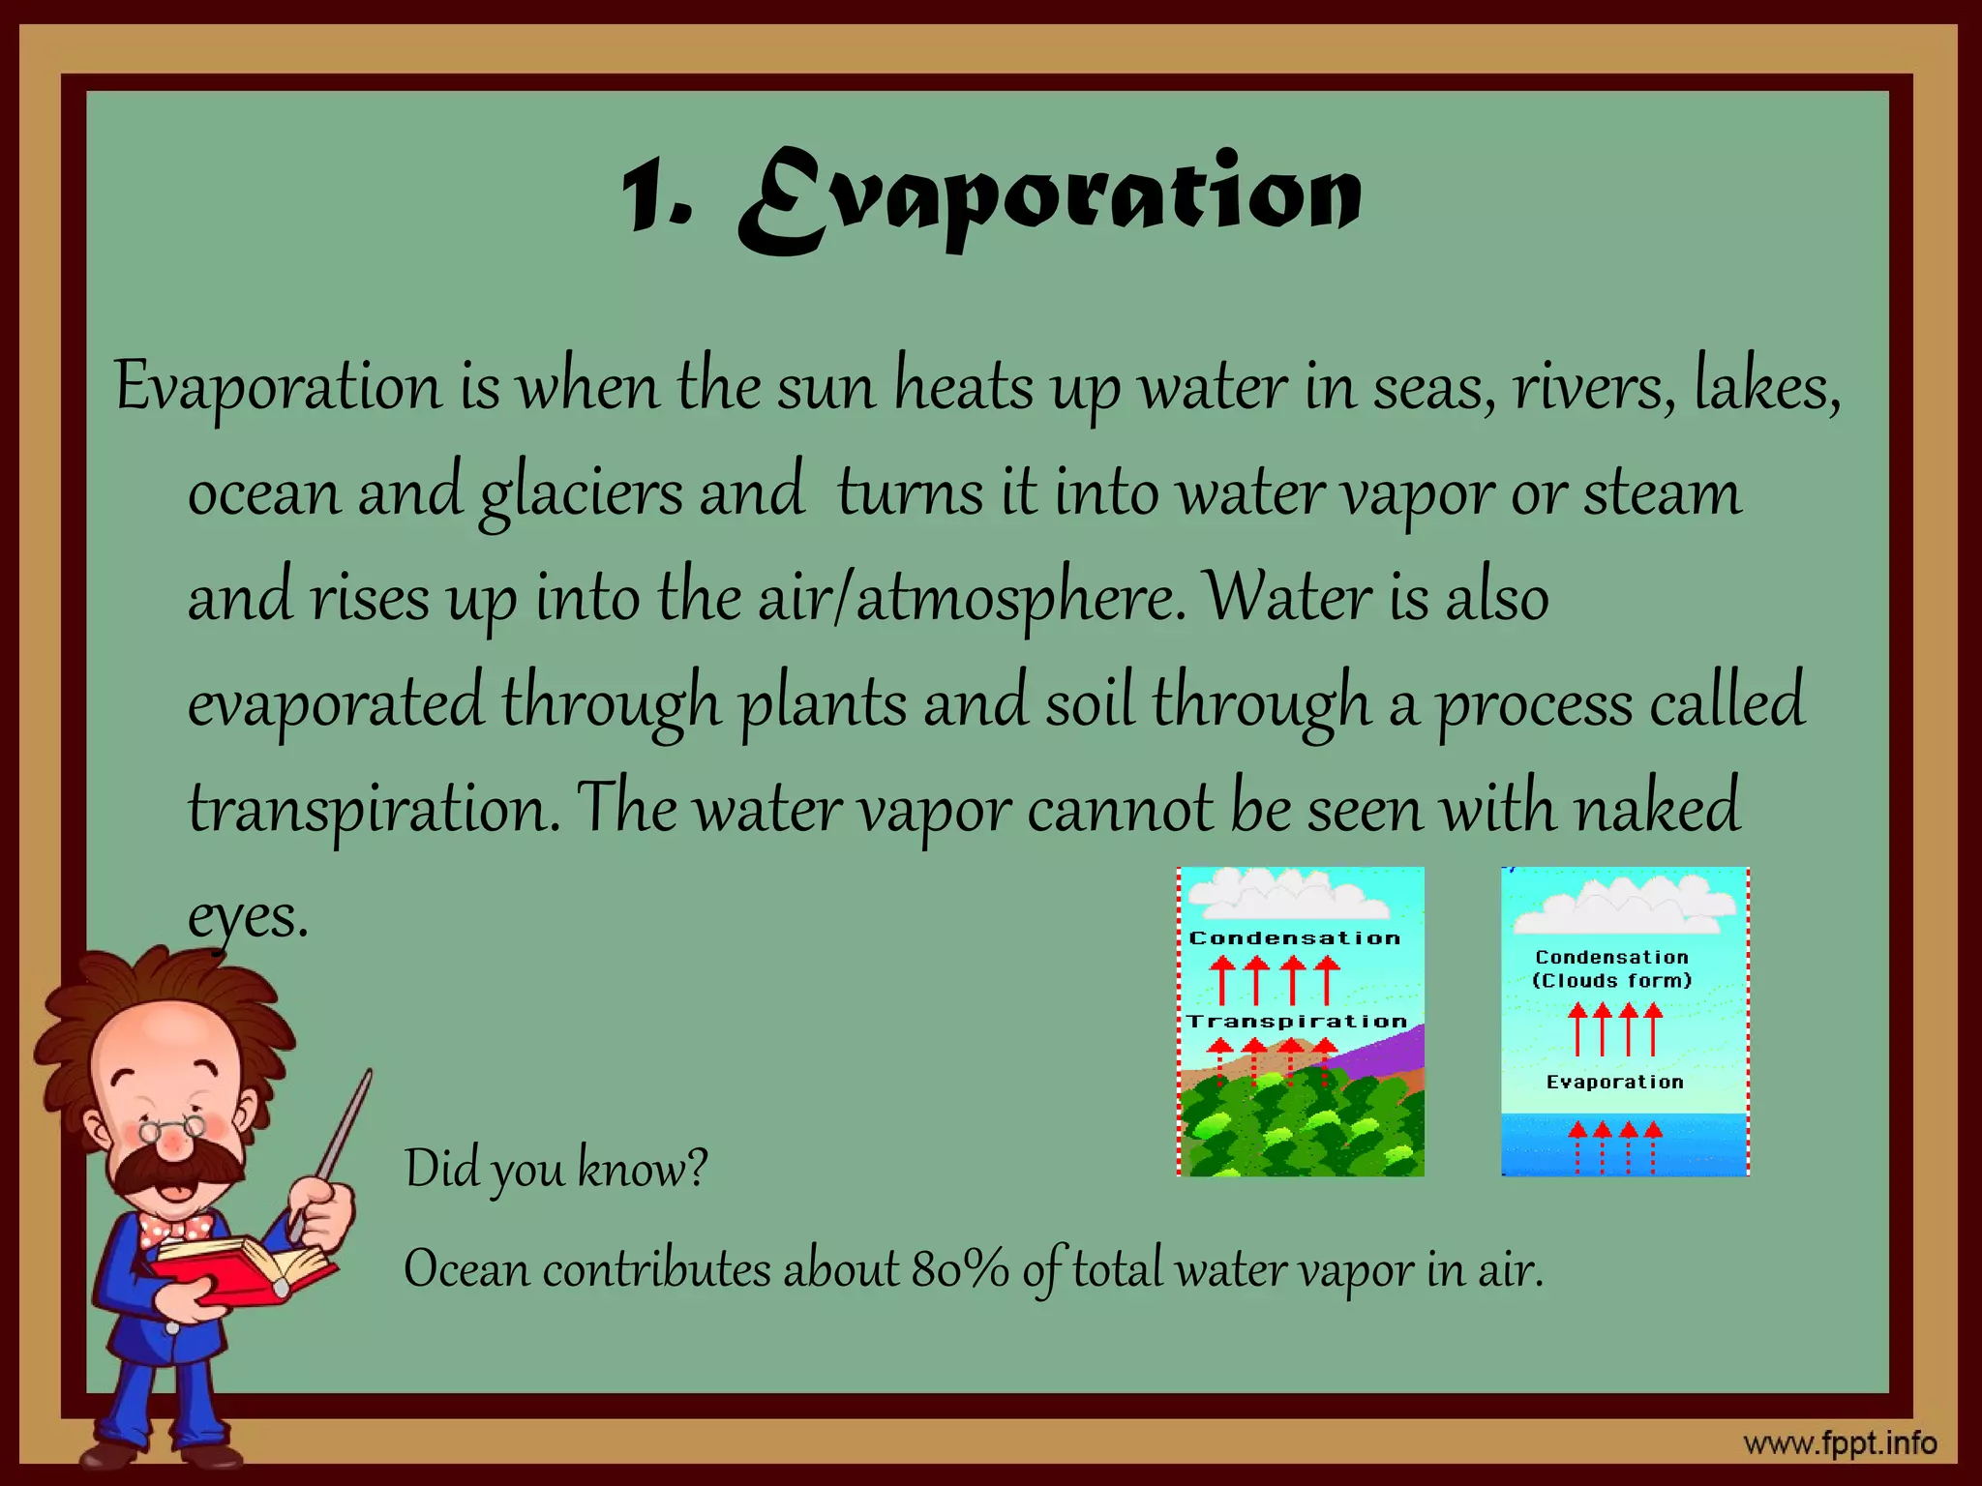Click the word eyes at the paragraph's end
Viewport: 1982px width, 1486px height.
coord(247,915)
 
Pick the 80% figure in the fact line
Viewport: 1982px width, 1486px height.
coord(959,1269)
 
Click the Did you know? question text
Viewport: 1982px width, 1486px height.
coord(556,1169)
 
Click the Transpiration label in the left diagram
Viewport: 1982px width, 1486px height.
coord(1297,1022)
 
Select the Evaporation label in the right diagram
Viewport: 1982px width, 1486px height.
coord(1614,1083)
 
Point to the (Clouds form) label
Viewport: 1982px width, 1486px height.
coord(1611,981)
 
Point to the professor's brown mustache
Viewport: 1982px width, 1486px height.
coord(174,1170)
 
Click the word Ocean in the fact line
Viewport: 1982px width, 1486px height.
coord(465,1269)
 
